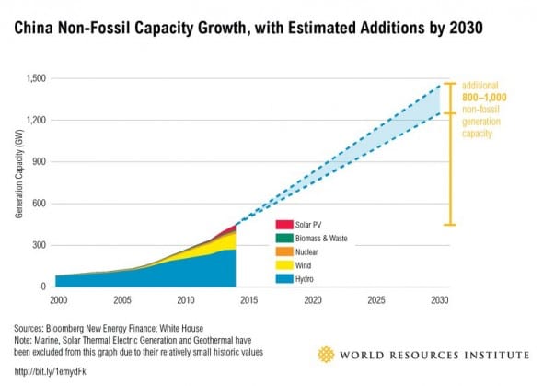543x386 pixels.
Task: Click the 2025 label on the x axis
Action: coord(376,299)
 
